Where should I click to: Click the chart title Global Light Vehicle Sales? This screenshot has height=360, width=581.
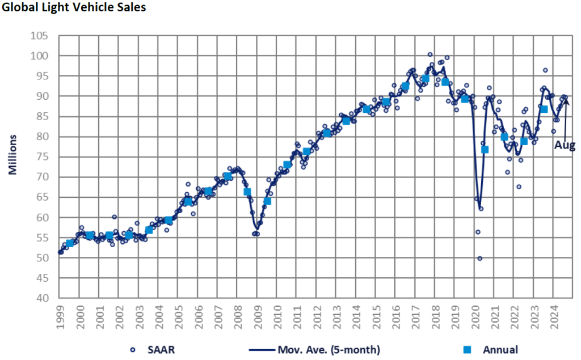point(74,8)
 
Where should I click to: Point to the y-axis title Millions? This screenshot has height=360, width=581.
point(12,155)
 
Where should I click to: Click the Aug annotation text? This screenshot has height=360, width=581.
point(565,145)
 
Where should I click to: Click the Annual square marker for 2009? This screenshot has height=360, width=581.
point(267,201)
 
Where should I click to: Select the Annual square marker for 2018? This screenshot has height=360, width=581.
point(445,82)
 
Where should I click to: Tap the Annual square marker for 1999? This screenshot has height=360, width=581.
point(70,243)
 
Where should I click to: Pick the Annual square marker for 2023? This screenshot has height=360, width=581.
point(544,109)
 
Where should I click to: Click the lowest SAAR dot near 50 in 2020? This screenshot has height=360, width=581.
point(479,258)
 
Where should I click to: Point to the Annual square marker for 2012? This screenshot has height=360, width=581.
point(327,133)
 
